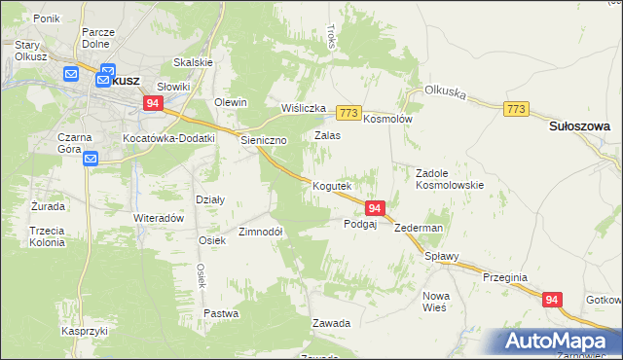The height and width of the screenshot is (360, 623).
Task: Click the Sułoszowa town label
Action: pyautogui.click(x=579, y=126)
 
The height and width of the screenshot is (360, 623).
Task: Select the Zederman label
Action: pyautogui.click(x=419, y=228)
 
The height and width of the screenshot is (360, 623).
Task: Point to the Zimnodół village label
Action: pyautogui.click(x=260, y=233)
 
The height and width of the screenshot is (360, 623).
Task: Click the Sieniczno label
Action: pyautogui.click(x=264, y=140)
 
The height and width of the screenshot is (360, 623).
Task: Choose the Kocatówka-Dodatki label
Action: pyautogui.click(x=168, y=139)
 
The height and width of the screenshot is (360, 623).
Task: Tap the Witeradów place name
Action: pyautogui.click(x=159, y=218)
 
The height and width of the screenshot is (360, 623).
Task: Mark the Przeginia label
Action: pyautogui.click(x=505, y=277)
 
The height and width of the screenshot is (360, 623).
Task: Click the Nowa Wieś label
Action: pyautogui.click(x=434, y=301)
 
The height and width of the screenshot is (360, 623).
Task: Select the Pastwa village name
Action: pyautogui.click(x=222, y=313)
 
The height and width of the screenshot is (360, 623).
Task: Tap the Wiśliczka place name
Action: pyautogui.click(x=303, y=108)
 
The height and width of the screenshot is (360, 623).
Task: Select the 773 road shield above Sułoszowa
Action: pyautogui.click(x=517, y=110)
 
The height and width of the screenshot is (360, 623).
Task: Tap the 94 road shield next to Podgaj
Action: pyautogui.click(x=376, y=207)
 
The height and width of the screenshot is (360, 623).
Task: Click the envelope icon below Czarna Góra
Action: pyautogui.click(x=91, y=159)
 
